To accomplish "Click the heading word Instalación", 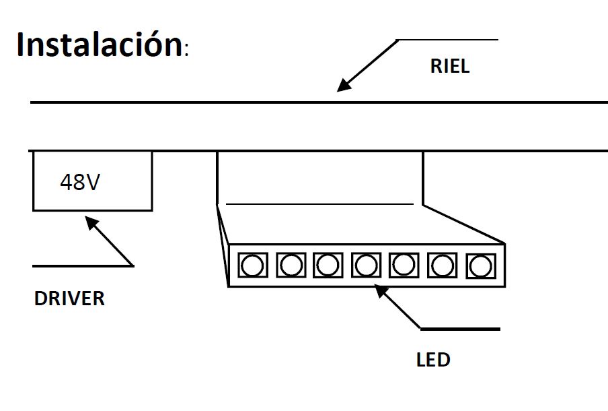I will click(x=98, y=44).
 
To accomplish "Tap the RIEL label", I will click(x=450, y=67).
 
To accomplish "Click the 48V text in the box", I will click(x=79, y=182).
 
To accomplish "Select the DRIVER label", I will click(x=69, y=298).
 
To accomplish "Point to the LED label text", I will click(x=433, y=360).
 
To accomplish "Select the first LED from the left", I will click(x=253, y=265).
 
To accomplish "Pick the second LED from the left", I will click(x=291, y=265).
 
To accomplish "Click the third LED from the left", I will click(x=328, y=265).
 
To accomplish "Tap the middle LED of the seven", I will click(x=366, y=265).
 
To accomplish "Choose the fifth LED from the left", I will click(x=404, y=265).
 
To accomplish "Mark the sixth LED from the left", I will click(x=441, y=265).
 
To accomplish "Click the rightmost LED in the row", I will click(x=479, y=265).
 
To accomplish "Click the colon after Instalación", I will click(x=186, y=51).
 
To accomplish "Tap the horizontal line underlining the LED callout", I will click(x=460, y=329).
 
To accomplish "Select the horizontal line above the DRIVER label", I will click(x=82, y=265).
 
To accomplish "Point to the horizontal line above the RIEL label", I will click(x=448, y=40).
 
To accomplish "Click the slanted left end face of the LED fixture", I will click(x=223, y=246).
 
